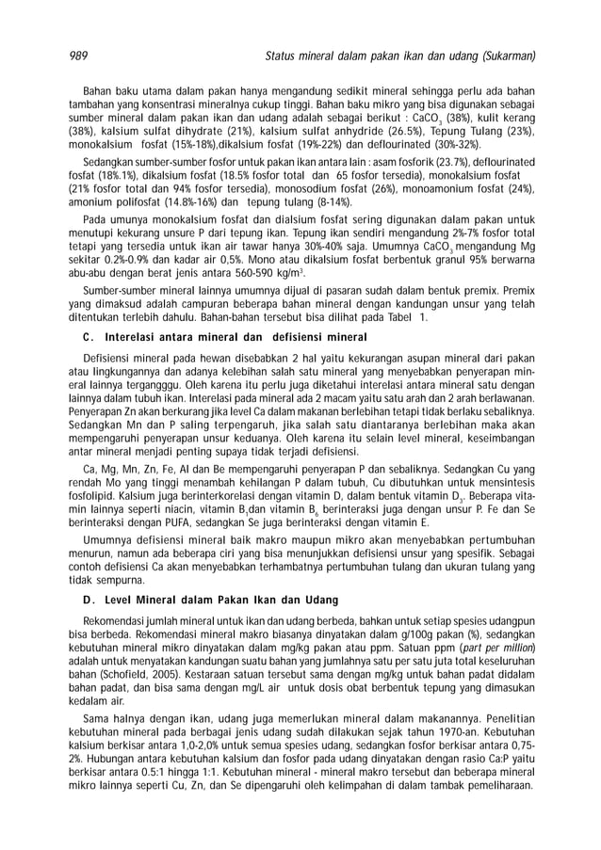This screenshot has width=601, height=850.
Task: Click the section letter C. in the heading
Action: pos(89,336)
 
